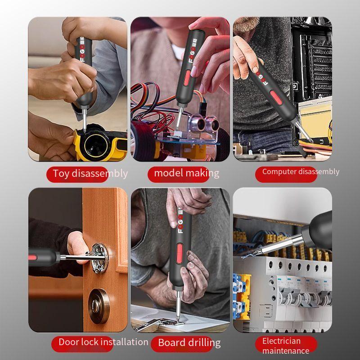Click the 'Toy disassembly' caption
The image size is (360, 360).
(90, 174)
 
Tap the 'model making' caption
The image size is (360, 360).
(186, 173)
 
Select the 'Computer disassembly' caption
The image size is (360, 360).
(301, 171)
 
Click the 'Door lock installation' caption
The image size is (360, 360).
(103, 342)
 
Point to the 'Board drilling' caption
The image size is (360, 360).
(189, 343)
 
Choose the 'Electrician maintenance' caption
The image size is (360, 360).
(286, 346)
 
